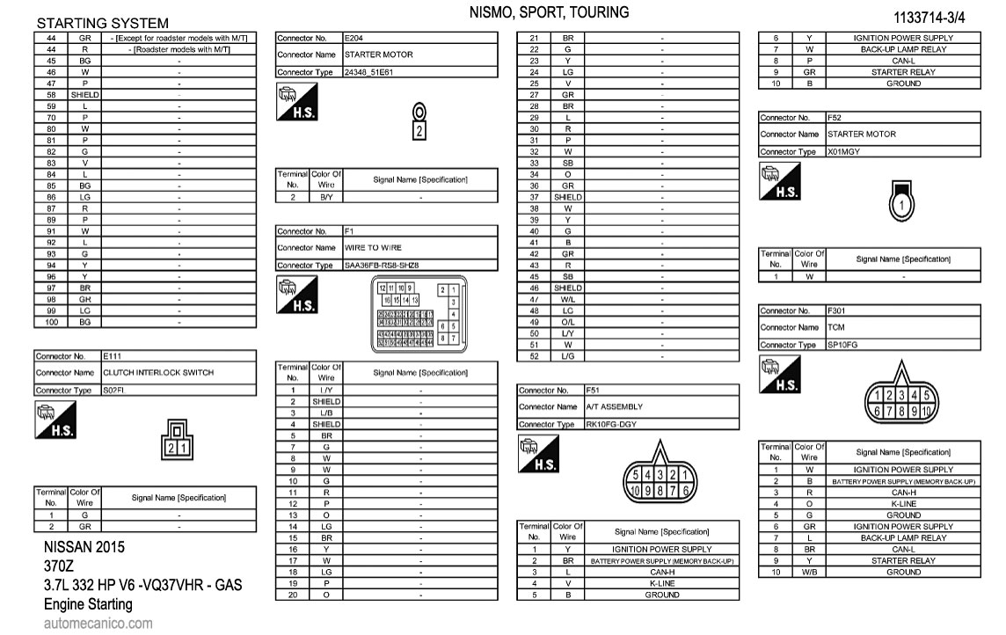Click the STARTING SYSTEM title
tap(103, 23)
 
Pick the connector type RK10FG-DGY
tap(611, 424)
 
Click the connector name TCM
tap(835, 327)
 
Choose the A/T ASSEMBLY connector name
tap(614, 407)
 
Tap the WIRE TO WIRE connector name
tap(373, 248)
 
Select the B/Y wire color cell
tap(326, 198)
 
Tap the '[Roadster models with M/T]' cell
tap(179, 50)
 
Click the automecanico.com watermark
tap(98, 624)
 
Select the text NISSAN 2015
tap(84, 547)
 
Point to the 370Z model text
tap(59, 566)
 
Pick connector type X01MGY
tap(843, 151)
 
